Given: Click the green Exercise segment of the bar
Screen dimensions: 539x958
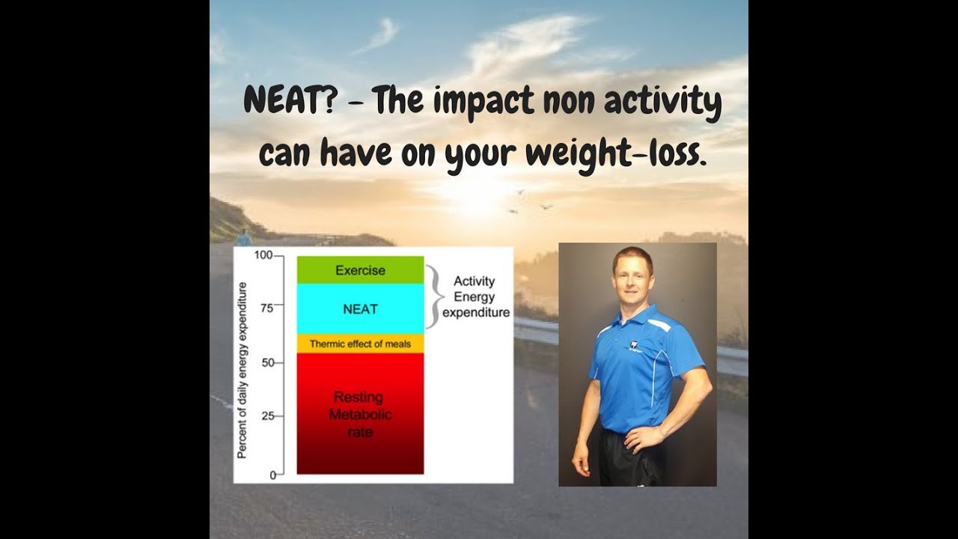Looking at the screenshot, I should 360,270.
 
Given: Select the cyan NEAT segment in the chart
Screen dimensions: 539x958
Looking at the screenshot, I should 360,308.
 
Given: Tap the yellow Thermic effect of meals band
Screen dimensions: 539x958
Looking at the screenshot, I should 360,344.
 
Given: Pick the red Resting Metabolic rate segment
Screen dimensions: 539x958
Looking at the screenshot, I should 360,413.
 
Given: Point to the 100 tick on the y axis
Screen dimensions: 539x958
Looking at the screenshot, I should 263,255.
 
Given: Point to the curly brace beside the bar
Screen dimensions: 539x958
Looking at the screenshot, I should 432,297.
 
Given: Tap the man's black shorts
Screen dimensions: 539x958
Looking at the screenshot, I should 629,460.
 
